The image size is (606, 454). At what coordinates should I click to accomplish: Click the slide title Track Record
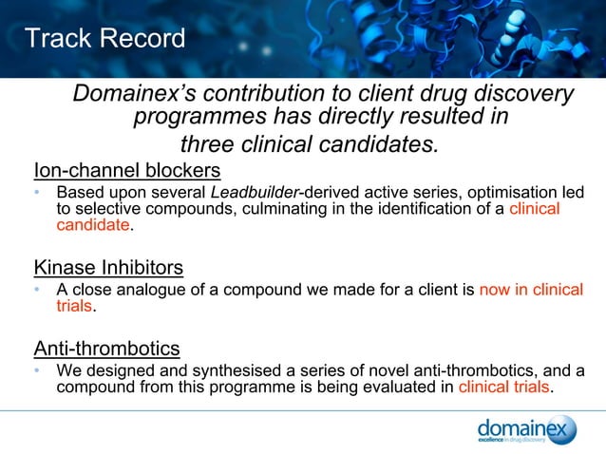(104, 39)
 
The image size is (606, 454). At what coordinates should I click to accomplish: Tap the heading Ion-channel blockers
(127, 171)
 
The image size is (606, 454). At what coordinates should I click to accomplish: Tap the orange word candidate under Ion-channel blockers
(92, 225)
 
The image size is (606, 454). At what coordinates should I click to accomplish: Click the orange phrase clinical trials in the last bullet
(503, 387)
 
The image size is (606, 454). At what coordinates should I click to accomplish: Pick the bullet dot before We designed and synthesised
(37, 370)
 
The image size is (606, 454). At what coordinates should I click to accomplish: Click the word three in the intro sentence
(206, 144)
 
